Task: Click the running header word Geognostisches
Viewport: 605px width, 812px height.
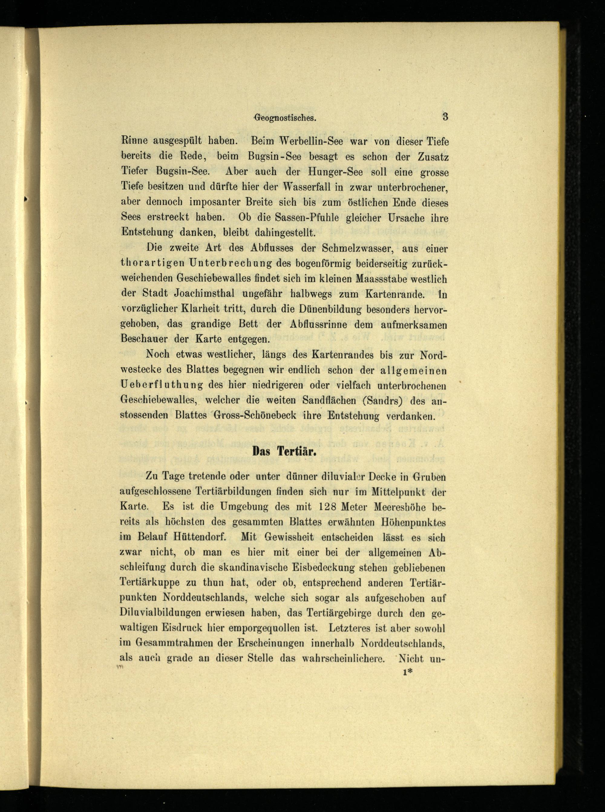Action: click(285, 118)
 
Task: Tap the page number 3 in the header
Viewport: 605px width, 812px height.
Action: click(445, 117)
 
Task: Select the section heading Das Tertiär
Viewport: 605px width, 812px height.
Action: click(284, 451)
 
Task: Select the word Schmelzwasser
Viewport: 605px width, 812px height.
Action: click(353, 248)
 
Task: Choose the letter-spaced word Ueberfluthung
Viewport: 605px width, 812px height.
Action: click(162, 385)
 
